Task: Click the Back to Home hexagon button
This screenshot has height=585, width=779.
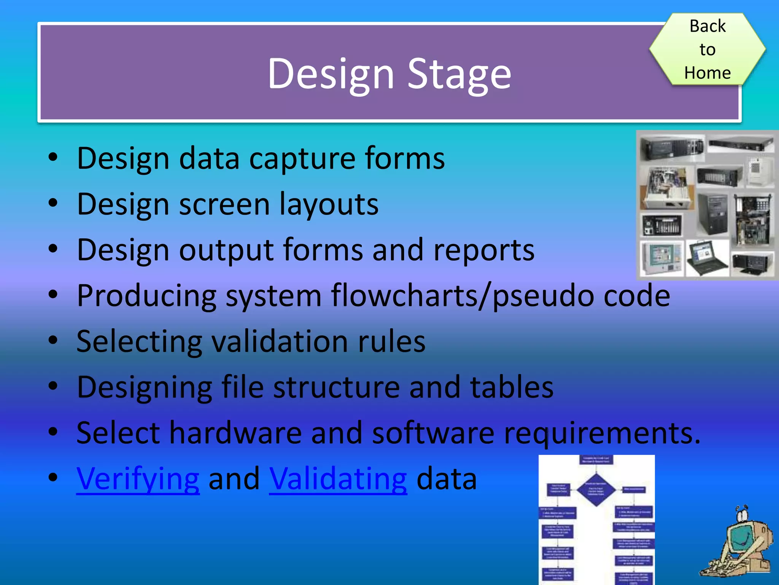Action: point(707,49)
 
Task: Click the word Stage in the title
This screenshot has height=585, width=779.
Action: point(459,74)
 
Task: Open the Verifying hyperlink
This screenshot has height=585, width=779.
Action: point(138,479)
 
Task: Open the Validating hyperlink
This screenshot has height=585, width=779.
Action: point(338,479)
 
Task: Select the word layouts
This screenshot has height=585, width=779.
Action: point(329,205)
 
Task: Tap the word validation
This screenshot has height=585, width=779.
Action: point(280,342)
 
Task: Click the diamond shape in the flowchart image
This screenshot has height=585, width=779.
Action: point(596,489)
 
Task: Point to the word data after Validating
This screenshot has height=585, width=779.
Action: point(447,479)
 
